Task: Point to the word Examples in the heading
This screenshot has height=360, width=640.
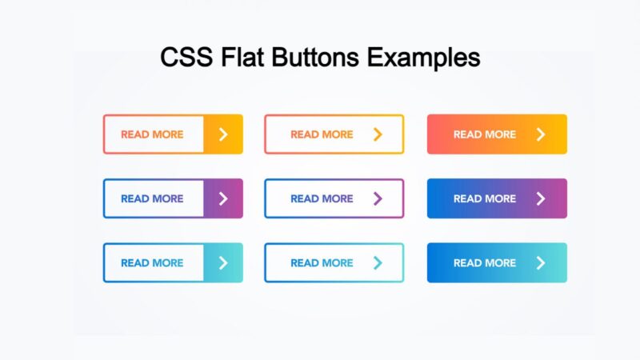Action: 425,58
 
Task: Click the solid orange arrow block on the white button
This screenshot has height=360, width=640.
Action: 223,134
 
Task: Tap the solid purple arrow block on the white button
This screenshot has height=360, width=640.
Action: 223,198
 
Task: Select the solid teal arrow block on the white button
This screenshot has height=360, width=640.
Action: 223,262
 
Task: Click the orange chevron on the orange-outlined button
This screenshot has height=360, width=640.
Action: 378,134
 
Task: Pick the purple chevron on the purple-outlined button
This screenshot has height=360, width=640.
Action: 378,198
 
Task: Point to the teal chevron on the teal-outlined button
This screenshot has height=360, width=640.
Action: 378,262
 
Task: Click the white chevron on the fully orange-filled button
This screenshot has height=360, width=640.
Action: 541,134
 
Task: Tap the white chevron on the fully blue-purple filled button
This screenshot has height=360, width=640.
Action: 541,198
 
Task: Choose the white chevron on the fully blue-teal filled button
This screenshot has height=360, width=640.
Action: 541,262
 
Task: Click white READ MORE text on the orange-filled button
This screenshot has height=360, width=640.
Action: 485,134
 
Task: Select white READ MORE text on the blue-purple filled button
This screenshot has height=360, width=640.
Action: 485,198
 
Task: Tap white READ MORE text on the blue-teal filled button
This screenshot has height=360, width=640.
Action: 485,262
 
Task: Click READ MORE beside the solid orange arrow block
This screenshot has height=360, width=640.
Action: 152,134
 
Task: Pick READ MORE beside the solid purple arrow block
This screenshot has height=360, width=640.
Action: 152,198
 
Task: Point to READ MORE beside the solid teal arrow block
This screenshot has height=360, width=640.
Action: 152,262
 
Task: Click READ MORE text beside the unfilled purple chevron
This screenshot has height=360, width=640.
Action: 322,198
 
